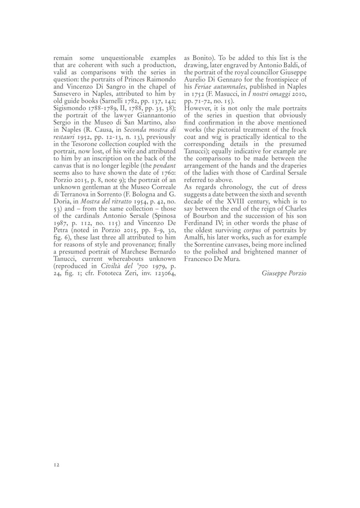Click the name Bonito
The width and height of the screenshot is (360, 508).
pyautogui.click(x=201, y=58)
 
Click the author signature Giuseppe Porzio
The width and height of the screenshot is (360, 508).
pyautogui.click(x=284, y=273)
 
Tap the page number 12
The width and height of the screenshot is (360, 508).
pyautogui.click(x=57, y=465)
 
